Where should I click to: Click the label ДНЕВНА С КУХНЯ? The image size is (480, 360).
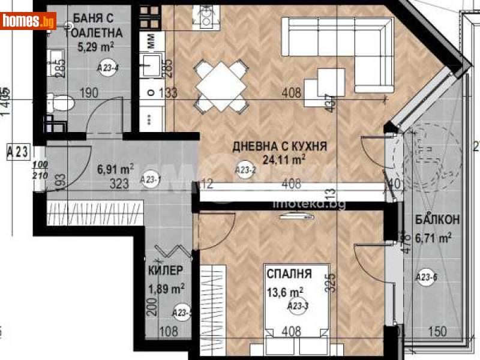click(280, 146)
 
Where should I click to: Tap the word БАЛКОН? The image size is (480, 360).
click(437, 220)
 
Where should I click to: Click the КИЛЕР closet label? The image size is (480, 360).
click(166, 271)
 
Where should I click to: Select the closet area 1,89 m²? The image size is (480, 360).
click(166, 289)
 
